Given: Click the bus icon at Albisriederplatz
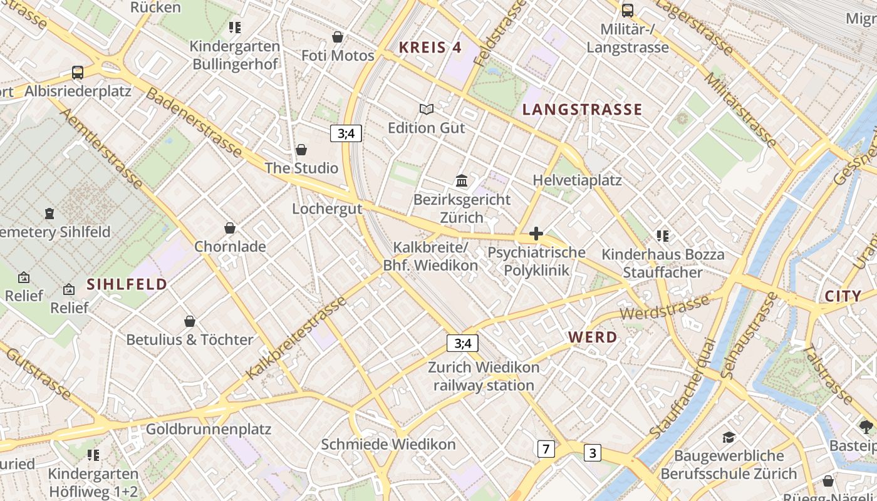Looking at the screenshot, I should click(78, 73).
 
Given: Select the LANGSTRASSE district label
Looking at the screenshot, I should click(582, 110).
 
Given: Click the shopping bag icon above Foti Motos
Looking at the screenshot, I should click(338, 37).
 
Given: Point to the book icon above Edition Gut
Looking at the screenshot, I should click(427, 110).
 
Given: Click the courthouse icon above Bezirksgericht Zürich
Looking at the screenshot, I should click(462, 181).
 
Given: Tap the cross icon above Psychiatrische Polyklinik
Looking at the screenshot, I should click(536, 234).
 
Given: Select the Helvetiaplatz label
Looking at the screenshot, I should click(577, 180).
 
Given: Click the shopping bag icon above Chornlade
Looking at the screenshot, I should click(230, 228).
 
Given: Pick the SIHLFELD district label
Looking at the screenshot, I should click(127, 284).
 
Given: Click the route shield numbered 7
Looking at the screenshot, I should click(546, 448).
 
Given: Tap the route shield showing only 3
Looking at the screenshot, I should click(593, 453).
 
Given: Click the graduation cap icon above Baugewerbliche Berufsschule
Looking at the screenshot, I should click(729, 437).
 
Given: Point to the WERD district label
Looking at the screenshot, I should click(593, 337).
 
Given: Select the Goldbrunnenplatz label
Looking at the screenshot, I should click(208, 429).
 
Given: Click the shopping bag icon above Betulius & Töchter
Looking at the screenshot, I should click(190, 321).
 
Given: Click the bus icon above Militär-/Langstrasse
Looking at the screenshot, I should click(628, 11).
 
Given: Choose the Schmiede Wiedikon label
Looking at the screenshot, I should click(388, 444).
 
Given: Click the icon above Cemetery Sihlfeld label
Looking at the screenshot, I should click(49, 214).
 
